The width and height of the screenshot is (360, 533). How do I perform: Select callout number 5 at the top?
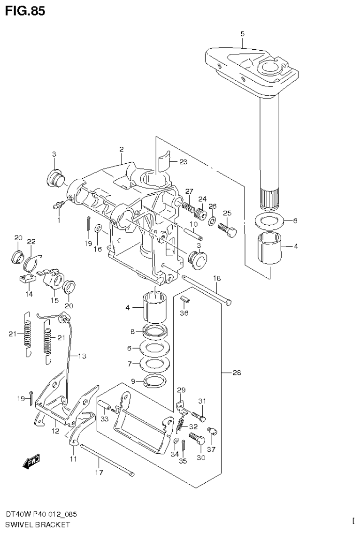[242, 34]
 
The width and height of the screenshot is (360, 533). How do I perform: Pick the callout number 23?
[183, 162]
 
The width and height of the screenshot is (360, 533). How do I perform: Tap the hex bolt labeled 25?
[228, 230]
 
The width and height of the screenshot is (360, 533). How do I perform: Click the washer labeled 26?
[212, 221]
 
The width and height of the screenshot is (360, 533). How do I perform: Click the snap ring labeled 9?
[154, 381]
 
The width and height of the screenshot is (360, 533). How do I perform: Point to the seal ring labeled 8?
[154, 332]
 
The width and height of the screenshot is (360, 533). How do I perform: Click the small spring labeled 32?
[179, 426]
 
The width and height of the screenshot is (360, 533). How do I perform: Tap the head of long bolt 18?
[229, 303]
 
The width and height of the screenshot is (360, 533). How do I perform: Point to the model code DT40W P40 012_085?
[41, 514]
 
